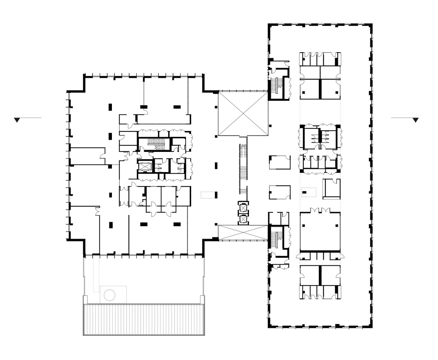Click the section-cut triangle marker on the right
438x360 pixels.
pos(416,120)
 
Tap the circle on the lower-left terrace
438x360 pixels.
pos(109,296)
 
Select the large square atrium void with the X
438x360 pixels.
pos(243,114)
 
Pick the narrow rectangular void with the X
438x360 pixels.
pos(243,233)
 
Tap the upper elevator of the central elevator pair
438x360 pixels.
pos(243,208)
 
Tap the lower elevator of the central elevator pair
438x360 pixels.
pos(243,219)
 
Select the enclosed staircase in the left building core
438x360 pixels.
pos(154,145)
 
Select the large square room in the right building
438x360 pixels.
pos(320,231)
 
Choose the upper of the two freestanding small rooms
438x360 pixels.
pos(280,162)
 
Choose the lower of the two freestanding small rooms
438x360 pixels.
pos(280,192)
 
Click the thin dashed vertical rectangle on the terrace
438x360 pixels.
pos(95,275)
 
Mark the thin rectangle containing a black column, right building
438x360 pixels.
pos(308,192)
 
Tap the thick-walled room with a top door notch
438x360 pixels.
pos(331,189)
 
